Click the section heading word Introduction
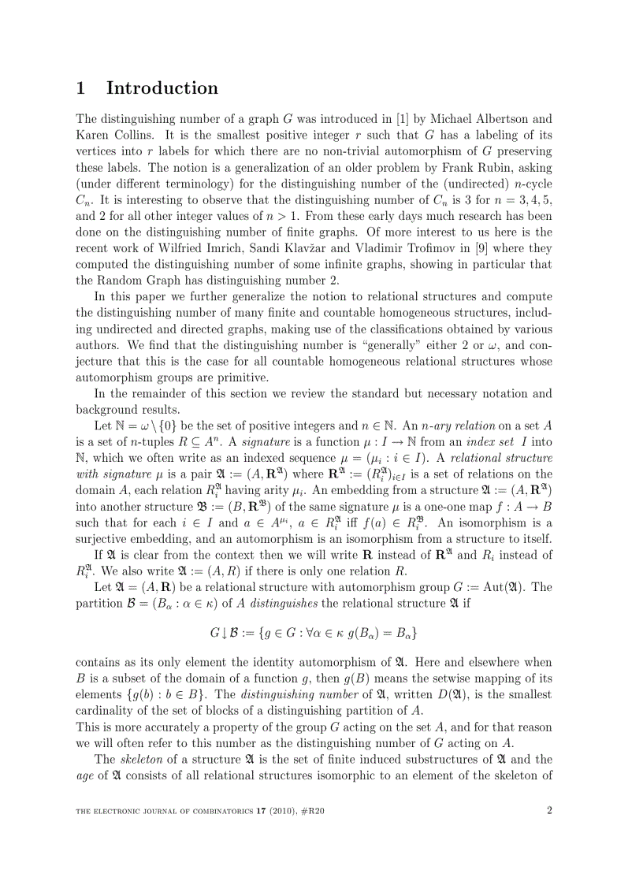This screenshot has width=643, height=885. (162, 88)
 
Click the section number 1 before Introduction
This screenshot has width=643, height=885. (80, 88)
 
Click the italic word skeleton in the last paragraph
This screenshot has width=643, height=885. (137, 760)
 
